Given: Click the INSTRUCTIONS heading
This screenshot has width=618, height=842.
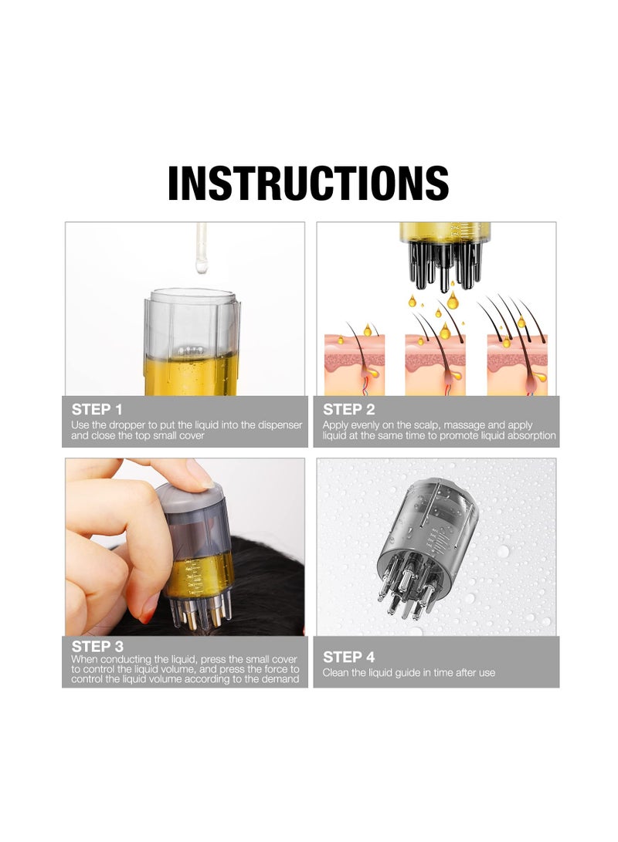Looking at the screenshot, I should click(x=308, y=183).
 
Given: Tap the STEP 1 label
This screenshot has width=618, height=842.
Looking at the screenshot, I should click(x=97, y=409).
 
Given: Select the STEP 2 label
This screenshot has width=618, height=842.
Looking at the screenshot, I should click(x=348, y=409).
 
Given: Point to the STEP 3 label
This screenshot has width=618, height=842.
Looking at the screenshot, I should click(x=97, y=646).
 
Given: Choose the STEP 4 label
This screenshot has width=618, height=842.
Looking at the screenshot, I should click(x=348, y=657).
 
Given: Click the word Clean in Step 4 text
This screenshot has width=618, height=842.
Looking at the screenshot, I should click(x=336, y=673).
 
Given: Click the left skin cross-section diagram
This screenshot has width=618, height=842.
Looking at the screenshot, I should click(x=354, y=363).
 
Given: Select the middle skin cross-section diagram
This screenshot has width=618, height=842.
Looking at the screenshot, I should click(x=434, y=363).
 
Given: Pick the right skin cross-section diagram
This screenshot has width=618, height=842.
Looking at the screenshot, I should click(x=516, y=363).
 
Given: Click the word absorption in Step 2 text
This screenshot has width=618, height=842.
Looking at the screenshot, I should click(x=529, y=435).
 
